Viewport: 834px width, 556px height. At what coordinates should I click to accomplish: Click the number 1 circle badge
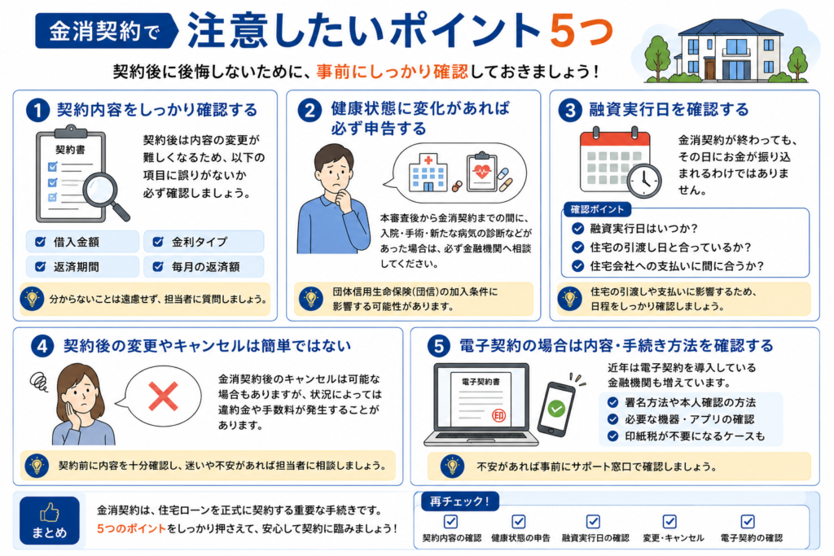[x=37, y=110]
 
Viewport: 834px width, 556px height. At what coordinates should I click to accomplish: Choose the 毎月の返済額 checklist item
[x=203, y=267]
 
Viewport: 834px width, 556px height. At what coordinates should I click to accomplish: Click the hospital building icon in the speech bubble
[x=428, y=173]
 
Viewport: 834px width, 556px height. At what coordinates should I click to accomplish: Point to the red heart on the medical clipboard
[x=482, y=171]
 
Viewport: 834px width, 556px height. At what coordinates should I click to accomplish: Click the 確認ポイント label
[x=597, y=209]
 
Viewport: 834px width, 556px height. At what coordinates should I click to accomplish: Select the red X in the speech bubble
[x=163, y=396]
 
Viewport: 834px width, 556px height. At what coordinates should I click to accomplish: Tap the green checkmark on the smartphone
[x=556, y=408]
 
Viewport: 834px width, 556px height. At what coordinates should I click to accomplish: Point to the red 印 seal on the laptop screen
[x=499, y=415]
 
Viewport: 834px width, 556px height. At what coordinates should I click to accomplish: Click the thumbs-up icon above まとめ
[x=50, y=513]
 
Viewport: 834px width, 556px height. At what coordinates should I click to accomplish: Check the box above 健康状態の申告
[x=519, y=522]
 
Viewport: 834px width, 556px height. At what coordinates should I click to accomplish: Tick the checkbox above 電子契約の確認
[x=748, y=522]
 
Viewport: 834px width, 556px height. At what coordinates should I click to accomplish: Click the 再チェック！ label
[x=459, y=501]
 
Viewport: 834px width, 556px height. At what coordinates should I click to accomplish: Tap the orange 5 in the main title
[x=564, y=30]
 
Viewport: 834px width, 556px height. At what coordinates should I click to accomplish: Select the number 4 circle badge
[x=42, y=347]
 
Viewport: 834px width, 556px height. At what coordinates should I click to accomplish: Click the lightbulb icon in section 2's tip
[x=311, y=299]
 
